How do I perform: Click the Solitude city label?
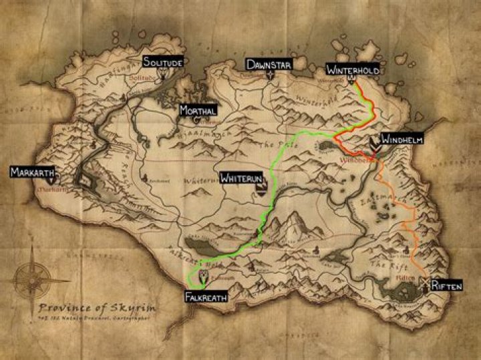163,62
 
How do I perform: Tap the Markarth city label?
31,172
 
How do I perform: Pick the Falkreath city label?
206,296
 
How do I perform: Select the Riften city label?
446,286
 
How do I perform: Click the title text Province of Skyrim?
97,308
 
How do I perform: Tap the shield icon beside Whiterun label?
259,190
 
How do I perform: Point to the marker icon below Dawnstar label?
270,75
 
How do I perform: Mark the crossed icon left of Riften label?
424,285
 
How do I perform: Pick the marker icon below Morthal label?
196,120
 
